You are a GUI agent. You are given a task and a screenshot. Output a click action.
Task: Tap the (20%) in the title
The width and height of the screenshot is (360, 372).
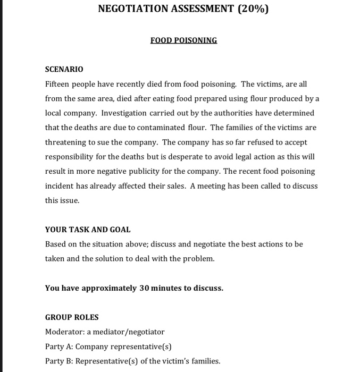point(250,9)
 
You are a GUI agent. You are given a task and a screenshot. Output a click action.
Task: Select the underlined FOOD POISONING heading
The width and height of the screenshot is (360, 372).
point(184,40)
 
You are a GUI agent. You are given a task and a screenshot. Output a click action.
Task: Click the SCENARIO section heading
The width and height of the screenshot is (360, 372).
point(64,70)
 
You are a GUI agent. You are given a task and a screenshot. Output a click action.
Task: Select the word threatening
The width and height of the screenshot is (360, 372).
point(68,142)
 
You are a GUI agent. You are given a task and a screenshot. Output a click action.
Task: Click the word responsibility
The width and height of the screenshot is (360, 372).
point(71,157)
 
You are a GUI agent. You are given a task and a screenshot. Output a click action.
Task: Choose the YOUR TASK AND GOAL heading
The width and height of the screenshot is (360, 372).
point(88,230)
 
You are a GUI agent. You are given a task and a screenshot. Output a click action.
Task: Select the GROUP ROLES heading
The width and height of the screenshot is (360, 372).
point(72,317)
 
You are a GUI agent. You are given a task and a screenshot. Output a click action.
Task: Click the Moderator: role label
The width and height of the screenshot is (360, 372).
point(64,332)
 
